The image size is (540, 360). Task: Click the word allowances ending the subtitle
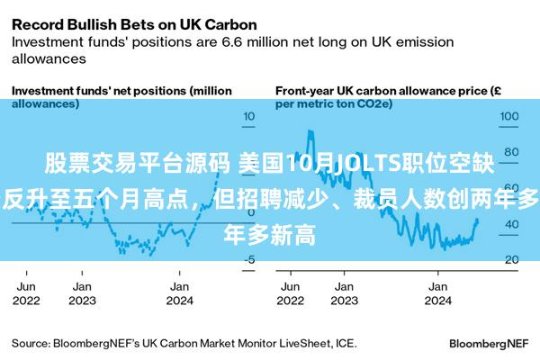48,58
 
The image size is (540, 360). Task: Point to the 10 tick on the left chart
249,116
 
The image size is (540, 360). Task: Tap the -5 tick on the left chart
249,260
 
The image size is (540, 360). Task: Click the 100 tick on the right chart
510,116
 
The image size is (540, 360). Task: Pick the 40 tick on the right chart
510,224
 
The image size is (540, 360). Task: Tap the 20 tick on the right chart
510,260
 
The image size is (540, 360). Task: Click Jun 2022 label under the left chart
28,293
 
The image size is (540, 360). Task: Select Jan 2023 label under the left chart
82,293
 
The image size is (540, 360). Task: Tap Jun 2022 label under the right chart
289,293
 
